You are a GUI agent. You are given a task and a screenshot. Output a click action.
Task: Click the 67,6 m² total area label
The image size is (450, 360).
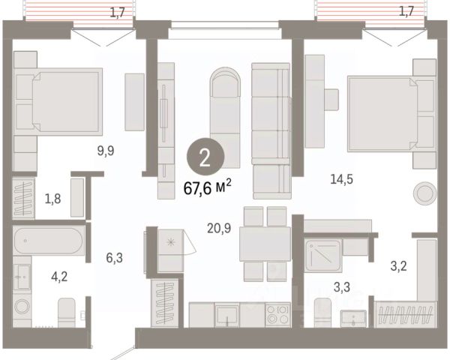[207, 187]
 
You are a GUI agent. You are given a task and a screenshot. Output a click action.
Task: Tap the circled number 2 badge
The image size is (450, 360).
[205, 157]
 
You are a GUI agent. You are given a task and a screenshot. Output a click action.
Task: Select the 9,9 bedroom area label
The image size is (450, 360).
[106, 151]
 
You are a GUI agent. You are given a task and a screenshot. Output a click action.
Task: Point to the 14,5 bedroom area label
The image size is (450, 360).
[341, 179]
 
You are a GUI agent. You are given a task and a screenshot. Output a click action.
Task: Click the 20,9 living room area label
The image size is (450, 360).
[219, 228]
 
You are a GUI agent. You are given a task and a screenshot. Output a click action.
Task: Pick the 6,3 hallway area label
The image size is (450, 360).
[114, 258]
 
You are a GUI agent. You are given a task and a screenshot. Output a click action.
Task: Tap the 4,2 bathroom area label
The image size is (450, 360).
[59, 277]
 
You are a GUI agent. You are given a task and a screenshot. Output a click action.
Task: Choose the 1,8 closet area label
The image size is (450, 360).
[52, 199]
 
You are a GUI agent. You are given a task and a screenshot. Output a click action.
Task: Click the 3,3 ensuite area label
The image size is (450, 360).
[342, 286]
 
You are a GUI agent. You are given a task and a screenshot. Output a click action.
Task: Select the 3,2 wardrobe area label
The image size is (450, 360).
[398, 266]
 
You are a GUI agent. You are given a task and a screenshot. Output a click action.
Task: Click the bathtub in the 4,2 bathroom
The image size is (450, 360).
[49, 241]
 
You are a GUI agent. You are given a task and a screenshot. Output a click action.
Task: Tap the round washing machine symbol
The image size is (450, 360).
[22, 306]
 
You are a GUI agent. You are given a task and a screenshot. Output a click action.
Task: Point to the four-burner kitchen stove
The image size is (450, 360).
[277, 315]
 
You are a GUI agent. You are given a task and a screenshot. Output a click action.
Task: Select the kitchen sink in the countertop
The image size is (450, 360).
[227, 316]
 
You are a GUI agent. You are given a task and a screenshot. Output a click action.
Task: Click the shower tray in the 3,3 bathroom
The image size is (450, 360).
[323, 256]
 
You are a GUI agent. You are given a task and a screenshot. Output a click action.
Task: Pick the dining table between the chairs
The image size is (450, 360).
[265, 244]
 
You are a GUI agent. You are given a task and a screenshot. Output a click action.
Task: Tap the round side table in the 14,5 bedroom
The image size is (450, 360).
[424, 193]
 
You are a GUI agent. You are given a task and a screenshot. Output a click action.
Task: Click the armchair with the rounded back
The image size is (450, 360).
[225, 117]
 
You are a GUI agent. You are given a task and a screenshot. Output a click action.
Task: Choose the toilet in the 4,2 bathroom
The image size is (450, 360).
[67, 313]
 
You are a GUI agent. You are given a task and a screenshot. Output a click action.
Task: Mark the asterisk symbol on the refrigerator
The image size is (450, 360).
[171, 242]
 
